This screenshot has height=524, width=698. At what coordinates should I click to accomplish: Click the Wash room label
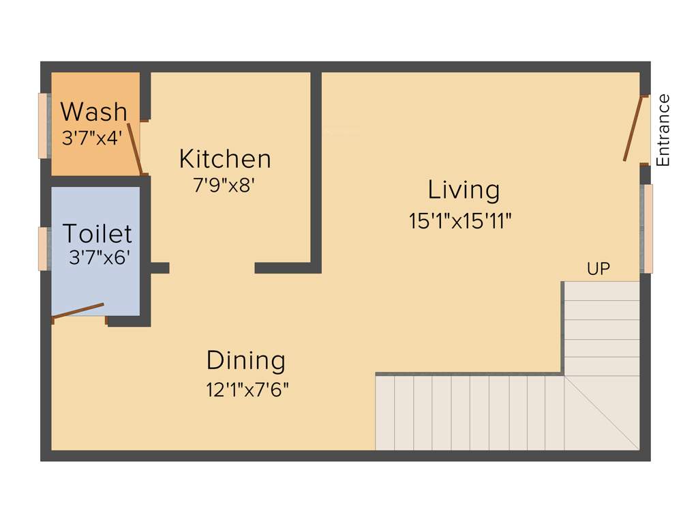[93, 111]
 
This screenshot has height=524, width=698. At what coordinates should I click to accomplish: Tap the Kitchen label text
[225, 159]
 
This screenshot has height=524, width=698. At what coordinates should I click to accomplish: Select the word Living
[464, 190]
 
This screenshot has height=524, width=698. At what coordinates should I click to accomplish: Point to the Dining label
[246, 360]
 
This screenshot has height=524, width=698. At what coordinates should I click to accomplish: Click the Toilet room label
[97, 233]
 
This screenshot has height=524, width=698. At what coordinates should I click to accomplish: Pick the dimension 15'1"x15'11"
[460, 222]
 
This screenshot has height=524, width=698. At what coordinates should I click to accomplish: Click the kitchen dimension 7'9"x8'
[224, 186]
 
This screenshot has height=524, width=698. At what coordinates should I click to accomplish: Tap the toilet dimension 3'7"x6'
[100, 257]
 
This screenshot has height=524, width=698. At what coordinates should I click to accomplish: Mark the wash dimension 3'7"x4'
[92, 139]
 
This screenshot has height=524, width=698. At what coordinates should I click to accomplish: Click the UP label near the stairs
[598, 269]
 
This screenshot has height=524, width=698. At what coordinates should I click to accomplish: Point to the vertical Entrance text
[663, 130]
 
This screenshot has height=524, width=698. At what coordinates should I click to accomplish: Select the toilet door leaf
[78, 310]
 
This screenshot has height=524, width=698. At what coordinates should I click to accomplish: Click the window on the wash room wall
[43, 126]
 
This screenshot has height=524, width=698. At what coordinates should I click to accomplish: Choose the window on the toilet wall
[43, 248]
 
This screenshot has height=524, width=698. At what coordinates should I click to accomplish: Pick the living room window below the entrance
[647, 229]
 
